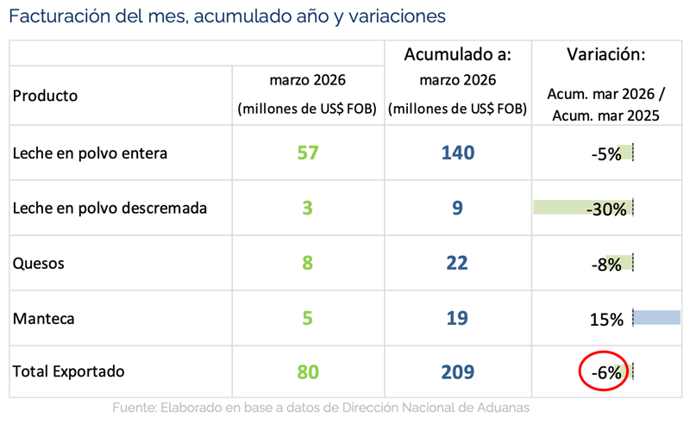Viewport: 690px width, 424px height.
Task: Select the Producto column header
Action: click(45, 96)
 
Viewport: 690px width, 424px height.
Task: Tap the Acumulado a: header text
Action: click(458, 55)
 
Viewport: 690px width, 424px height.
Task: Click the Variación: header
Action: click(606, 55)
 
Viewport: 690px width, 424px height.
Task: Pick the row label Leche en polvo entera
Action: click(90, 153)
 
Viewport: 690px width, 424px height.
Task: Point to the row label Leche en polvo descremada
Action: click(110, 208)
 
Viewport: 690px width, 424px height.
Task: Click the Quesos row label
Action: click(39, 263)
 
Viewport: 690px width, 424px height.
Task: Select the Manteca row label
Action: click(44, 318)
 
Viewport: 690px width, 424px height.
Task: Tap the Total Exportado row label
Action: click(68, 372)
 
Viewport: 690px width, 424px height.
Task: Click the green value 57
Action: click(308, 153)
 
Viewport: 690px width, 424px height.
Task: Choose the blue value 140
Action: click(457, 153)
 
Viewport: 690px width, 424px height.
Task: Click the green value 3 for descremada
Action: click(308, 208)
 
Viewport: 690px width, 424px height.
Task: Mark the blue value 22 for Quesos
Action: click(457, 263)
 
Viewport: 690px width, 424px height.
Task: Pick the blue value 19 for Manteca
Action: click(457, 318)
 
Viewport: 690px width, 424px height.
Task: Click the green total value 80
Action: click(308, 372)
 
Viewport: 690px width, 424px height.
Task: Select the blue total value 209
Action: click(457, 372)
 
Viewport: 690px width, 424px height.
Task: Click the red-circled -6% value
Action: click(605, 372)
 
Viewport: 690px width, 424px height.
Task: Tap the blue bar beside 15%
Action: click(656, 317)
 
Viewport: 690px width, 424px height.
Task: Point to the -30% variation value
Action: click(605, 209)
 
